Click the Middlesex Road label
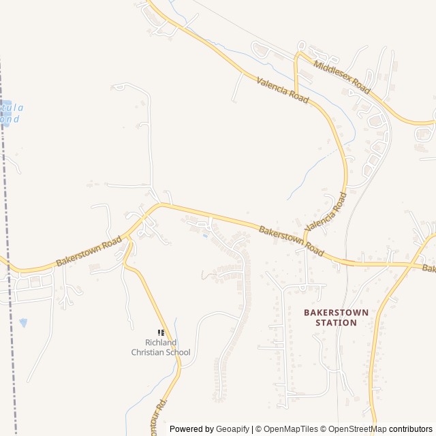point(341,76)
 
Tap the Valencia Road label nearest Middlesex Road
point(283,90)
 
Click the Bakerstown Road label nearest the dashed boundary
point(89,251)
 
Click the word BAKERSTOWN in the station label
point(336,312)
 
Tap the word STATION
point(336,322)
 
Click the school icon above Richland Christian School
point(161,332)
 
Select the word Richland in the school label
point(161,343)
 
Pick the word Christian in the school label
point(151,352)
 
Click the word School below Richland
point(179,352)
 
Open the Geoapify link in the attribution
point(232,429)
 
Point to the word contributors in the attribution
point(411,429)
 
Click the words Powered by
point(191,429)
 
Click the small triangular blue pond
point(24,322)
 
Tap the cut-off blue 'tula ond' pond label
point(11,113)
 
